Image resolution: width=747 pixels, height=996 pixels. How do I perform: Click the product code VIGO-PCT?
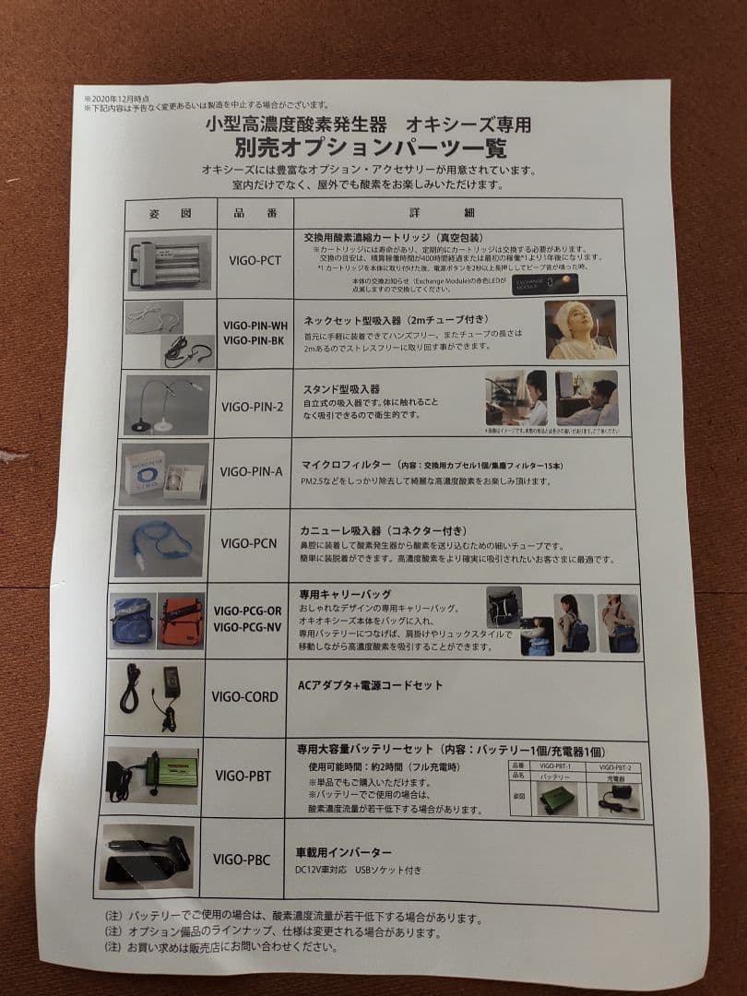255,261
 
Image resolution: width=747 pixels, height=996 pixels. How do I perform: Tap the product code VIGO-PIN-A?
251,471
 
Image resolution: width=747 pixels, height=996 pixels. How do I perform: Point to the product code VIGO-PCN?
249,543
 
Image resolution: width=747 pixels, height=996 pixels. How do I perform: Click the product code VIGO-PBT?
243,776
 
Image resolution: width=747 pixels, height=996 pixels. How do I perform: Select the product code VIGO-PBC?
242,860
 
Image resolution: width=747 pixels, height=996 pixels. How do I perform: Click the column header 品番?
255,213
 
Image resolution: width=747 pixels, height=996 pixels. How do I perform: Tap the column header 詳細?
469,213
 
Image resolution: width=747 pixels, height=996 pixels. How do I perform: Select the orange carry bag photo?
181,621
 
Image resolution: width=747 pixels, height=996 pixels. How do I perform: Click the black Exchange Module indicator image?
545,283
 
